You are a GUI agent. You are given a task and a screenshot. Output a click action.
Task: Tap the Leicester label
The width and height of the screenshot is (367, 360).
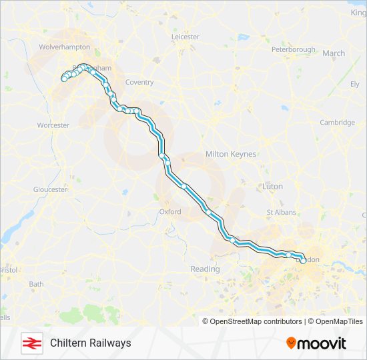pyautogui.click(x=186, y=37)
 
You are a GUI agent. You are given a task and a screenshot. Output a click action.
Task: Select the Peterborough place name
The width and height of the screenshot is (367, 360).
pyautogui.click(x=294, y=49)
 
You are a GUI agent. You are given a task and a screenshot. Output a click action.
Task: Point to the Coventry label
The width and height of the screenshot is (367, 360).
pyautogui.click(x=139, y=83)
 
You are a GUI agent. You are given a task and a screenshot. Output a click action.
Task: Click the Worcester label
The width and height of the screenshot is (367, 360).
pyautogui.click(x=53, y=125)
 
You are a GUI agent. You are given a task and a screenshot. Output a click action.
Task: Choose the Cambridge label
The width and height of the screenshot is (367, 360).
pyautogui.click(x=337, y=123)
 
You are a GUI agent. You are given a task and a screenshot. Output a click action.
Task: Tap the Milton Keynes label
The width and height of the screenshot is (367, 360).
pyautogui.click(x=231, y=154)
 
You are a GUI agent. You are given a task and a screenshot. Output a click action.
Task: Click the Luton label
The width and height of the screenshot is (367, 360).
pyautogui.click(x=272, y=187)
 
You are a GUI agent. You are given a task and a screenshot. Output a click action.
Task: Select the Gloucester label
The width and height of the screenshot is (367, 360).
pyautogui.click(x=50, y=189)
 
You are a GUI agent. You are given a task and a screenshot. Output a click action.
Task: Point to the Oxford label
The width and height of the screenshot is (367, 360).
pyautogui.click(x=170, y=212)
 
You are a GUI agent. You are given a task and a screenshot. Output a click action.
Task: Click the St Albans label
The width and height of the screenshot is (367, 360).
pyautogui.click(x=280, y=213)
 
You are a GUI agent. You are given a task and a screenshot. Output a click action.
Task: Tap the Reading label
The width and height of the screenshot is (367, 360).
pyautogui.click(x=205, y=269)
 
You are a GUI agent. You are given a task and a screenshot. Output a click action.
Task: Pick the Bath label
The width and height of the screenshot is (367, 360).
pyautogui.click(x=36, y=284)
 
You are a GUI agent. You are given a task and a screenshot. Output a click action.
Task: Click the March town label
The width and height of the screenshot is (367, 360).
pyautogui.click(x=334, y=53)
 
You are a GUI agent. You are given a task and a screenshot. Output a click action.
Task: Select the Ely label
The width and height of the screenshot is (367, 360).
pyautogui.click(x=355, y=84)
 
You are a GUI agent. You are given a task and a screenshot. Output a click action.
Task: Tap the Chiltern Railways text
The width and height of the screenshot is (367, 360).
pyautogui.click(x=90, y=343)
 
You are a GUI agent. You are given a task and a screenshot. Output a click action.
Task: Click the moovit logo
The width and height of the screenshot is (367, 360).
pyautogui.click(x=316, y=343)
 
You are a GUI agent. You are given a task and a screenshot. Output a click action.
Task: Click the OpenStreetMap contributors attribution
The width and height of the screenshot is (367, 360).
pyautogui.click(x=252, y=321)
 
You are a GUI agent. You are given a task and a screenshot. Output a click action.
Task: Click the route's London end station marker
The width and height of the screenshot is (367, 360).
pyautogui.click(x=302, y=261)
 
